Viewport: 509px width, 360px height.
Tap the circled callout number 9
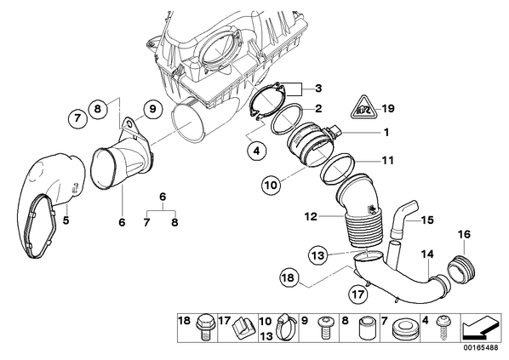point(152,109)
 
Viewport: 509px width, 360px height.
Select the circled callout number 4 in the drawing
point(256,151)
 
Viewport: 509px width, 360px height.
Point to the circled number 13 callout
point(318,255)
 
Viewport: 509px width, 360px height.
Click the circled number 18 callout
point(289,277)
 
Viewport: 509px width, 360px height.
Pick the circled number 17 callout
point(358,294)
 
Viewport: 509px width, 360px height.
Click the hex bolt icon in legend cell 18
point(204,327)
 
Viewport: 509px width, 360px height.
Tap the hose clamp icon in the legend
point(286,327)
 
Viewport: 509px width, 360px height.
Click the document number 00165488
point(481,348)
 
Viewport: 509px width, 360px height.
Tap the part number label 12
point(311,216)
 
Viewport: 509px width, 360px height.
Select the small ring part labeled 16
point(461,268)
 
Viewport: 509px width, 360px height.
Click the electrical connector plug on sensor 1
point(335,133)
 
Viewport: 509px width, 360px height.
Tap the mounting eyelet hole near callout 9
point(129,123)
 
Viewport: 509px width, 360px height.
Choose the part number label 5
point(66,220)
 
